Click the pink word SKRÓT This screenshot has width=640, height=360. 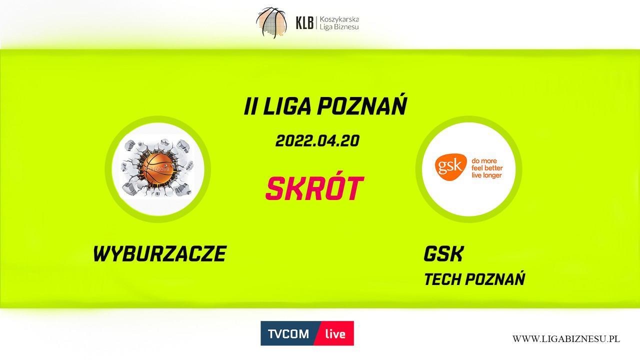[x=314, y=187]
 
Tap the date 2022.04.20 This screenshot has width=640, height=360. [x=317, y=141]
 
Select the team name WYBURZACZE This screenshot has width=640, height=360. [x=159, y=253]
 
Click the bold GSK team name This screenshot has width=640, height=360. [x=443, y=253]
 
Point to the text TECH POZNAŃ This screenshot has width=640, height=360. [x=474, y=278]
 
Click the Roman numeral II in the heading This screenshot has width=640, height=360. [x=250, y=106]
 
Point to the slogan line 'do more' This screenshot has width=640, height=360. [x=484, y=160]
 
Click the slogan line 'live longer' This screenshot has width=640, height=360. [x=486, y=175]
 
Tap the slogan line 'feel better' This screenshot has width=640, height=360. [x=487, y=167]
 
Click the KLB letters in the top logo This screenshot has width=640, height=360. [x=304, y=23]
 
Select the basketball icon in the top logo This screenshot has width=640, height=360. [x=271, y=23]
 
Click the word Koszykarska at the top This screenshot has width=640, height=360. [x=339, y=19]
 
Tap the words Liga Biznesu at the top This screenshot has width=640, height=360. [x=339, y=27]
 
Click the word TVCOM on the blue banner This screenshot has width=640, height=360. [x=288, y=333]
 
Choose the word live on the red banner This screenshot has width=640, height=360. [x=335, y=333]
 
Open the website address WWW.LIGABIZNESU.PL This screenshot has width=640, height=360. [x=566, y=339]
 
